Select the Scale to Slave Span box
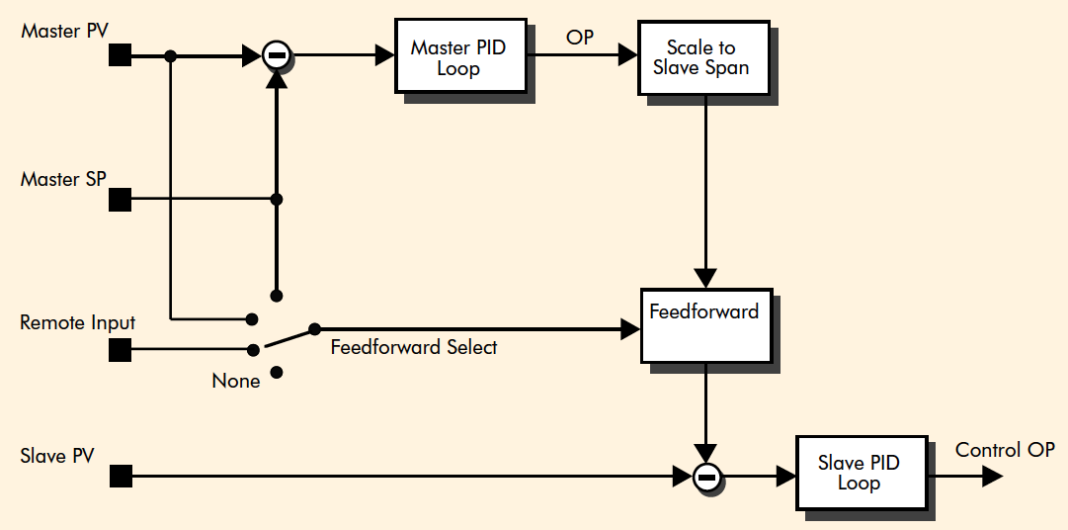pyautogui.click(x=700, y=56)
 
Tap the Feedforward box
pyautogui.click(x=703, y=324)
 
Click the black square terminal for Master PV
pyautogui.click(x=120, y=55)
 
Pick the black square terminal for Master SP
pyautogui.click(x=120, y=200)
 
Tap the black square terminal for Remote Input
pyautogui.click(x=120, y=349)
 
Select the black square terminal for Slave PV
pyautogui.click(x=120, y=478)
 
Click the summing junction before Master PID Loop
pyautogui.click(x=278, y=56)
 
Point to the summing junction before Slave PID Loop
pyautogui.click(x=705, y=478)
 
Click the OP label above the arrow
pyautogui.click(x=579, y=38)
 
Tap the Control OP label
pyautogui.click(x=1005, y=450)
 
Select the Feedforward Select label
pyautogui.click(x=413, y=347)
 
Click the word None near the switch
pyautogui.click(x=236, y=381)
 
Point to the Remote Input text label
pyautogui.click(x=78, y=323)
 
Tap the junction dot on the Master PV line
pyautogui.click(x=171, y=56)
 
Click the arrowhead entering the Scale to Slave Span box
pyautogui.click(x=627, y=56)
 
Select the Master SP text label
pyautogui.click(x=63, y=179)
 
